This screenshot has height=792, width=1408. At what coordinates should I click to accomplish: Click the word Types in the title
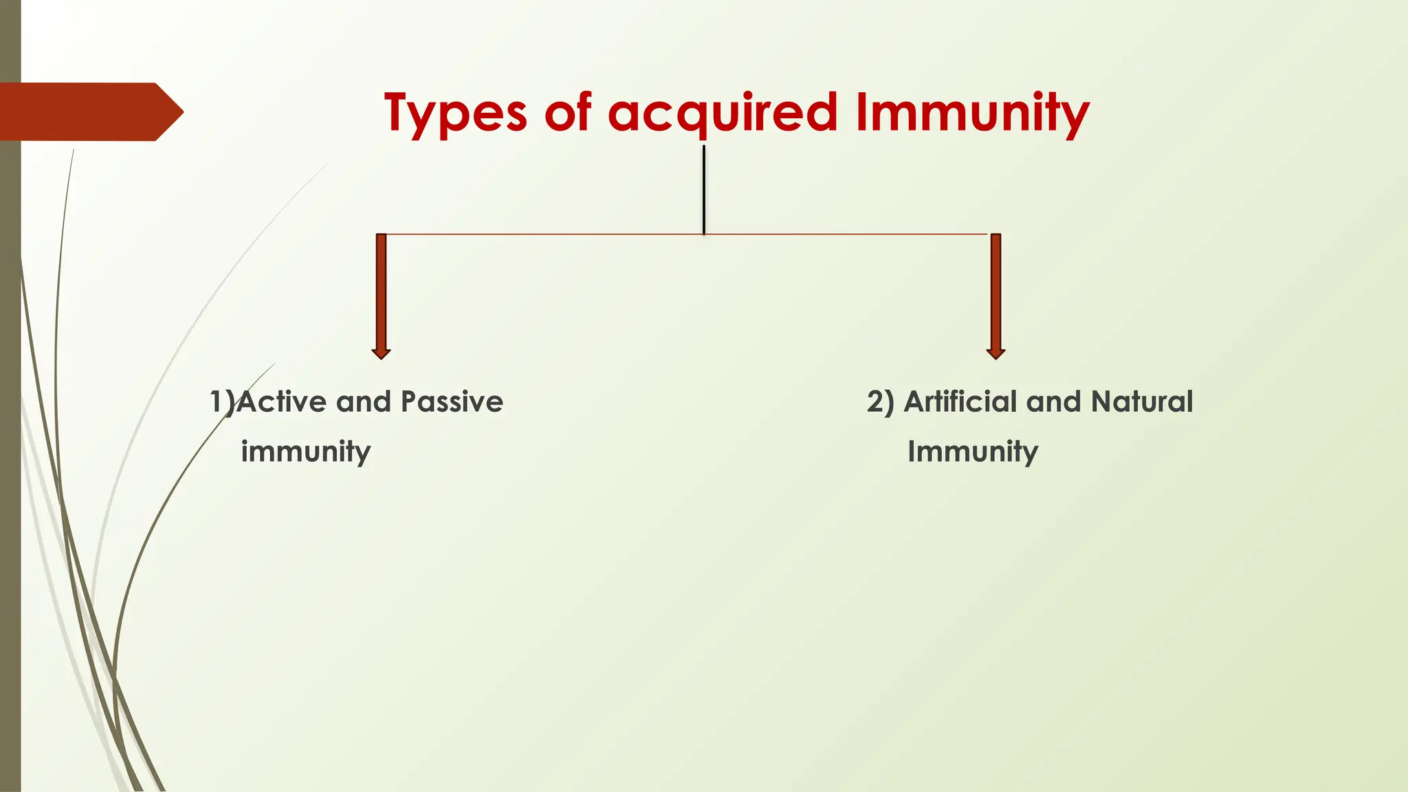click(455, 113)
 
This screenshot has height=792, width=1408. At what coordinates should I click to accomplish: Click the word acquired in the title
click(723, 113)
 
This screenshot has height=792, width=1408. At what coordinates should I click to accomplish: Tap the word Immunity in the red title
click(973, 113)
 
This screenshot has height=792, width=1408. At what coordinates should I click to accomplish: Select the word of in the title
click(567, 113)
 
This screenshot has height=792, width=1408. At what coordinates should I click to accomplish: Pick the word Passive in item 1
click(452, 401)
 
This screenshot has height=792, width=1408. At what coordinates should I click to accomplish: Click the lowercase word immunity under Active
click(305, 452)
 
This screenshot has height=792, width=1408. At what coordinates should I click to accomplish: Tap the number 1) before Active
click(221, 401)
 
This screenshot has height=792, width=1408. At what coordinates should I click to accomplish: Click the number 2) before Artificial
click(880, 401)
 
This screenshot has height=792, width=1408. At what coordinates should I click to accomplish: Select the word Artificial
click(960, 401)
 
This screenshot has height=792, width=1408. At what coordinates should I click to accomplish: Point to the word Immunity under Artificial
click(972, 452)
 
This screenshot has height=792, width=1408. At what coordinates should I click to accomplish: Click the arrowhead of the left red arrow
click(381, 353)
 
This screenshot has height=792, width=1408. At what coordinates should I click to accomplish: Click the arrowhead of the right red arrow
click(995, 353)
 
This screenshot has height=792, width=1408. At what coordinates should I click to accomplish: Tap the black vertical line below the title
click(704, 189)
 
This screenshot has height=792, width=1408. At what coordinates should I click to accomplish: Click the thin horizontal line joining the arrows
click(550, 234)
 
